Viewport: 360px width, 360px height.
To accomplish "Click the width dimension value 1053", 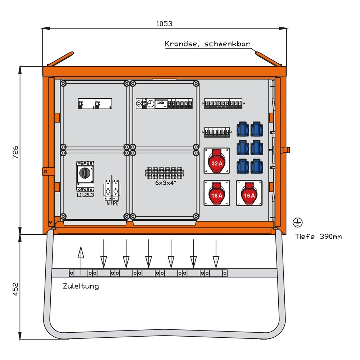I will point(164,24).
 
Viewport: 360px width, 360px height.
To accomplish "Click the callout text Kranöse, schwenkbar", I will point(207,44).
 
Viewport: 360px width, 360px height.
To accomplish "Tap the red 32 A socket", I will point(216,161).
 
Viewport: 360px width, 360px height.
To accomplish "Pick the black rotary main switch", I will point(85,173).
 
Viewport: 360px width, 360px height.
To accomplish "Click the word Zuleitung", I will point(81,287).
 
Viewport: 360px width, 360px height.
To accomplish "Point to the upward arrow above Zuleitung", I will point(81,257).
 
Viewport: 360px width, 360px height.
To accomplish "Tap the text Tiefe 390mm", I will point(318,237).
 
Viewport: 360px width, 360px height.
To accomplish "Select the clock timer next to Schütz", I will point(151,104).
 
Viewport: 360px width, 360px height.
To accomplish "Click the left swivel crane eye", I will point(60,59).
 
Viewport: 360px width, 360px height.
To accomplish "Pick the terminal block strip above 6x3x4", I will point(166,173).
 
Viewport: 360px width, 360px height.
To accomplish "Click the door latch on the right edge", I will point(287,150).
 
